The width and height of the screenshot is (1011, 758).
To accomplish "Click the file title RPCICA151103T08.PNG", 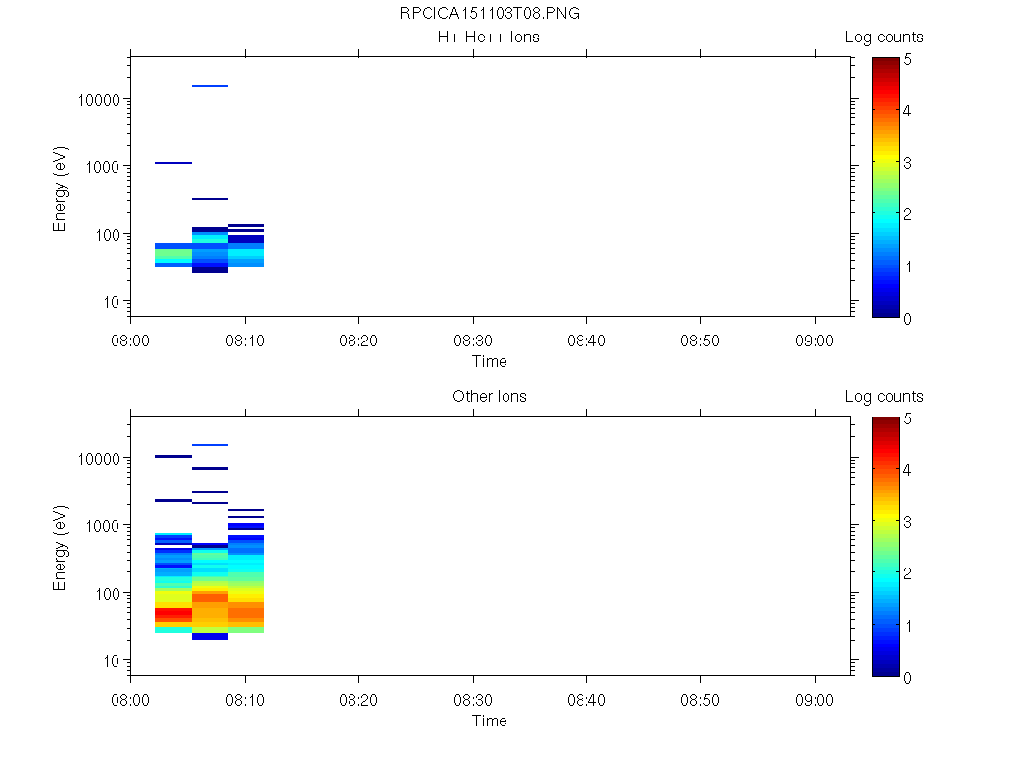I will coord(489,14).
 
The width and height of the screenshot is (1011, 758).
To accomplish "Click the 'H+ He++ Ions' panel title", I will coord(489,38).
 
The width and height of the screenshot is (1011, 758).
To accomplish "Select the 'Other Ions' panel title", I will coord(489,397).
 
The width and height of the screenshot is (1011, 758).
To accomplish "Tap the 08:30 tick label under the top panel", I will coord(473,340).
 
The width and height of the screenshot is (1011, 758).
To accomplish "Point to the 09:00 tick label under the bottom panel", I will coord(814,699).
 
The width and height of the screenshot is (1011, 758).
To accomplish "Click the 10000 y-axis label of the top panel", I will coord(98,100).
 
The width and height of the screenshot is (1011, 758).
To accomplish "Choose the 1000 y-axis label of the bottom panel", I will coord(102,526).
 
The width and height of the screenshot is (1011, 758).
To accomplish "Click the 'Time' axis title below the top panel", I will coord(489,361).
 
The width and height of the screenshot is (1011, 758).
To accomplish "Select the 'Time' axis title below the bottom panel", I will coord(489,720).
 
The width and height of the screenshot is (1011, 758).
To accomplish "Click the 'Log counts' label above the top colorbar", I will coord(884,38).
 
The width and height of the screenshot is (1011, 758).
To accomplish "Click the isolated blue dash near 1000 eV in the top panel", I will coord(173,163).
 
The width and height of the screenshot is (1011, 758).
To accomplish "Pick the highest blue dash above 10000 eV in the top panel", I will coord(209,86).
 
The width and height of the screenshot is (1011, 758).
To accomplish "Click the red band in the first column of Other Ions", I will coord(173,613).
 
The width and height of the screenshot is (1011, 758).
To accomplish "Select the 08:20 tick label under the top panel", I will coord(358,340).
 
